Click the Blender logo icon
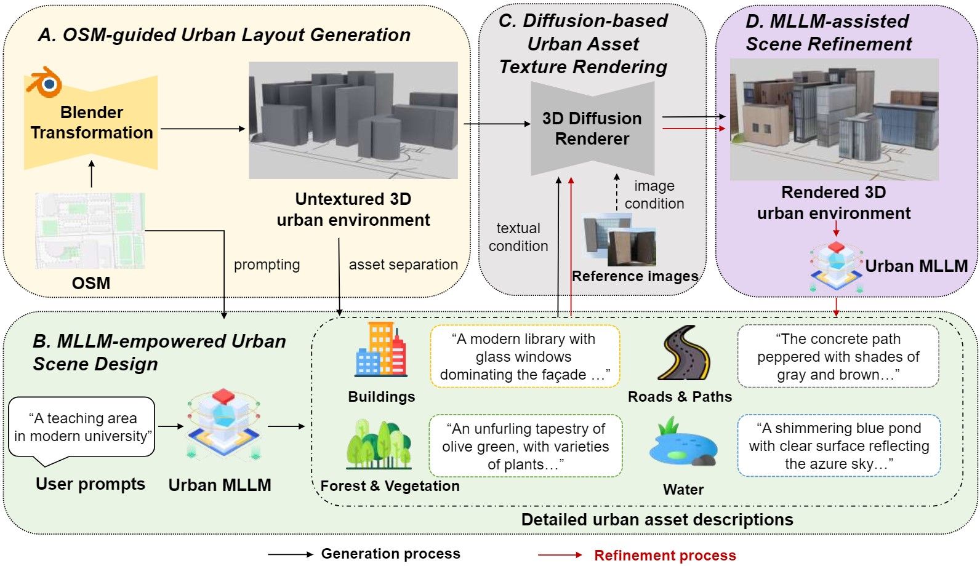click(44, 83)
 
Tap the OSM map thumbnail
click(90, 230)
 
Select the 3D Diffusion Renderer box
click(592, 129)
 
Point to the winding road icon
click(684, 353)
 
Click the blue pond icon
click(683, 444)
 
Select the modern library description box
click(524, 357)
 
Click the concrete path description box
click(838, 357)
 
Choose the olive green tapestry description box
click(525, 446)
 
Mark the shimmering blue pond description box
click(838, 446)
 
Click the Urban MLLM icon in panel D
click(836, 267)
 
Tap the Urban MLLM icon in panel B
click(223, 424)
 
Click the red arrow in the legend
click(560, 555)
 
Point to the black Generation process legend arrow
click(290, 554)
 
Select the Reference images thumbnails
click(619, 240)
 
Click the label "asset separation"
click(403, 265)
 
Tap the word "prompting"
click(267, 265)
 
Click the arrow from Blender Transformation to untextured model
click(203, 129)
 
